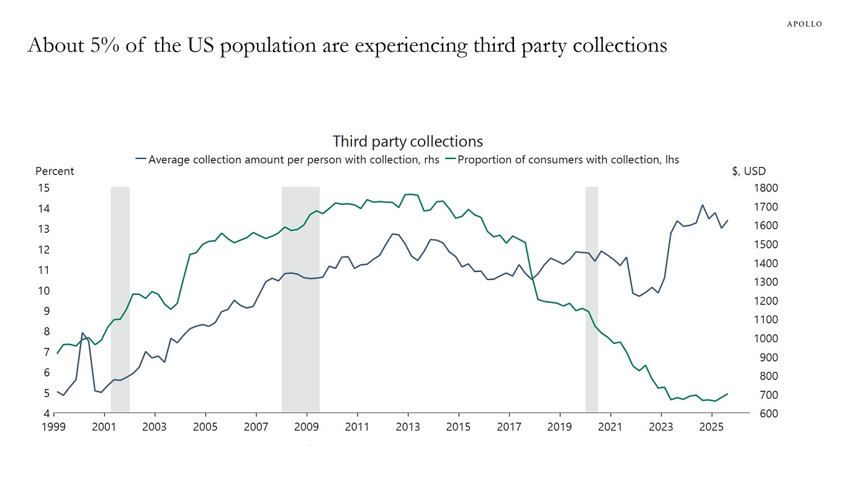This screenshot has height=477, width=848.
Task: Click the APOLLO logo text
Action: (804, 24)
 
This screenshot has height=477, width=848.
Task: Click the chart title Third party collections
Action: (407, 141)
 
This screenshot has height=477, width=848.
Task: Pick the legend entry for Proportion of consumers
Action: (567, 160)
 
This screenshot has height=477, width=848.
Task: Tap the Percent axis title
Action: (55, 171)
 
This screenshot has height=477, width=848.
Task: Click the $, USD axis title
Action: (749, 171)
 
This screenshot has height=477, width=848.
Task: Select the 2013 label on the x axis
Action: (408, 427)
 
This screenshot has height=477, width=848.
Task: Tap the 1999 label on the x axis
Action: (54, 427)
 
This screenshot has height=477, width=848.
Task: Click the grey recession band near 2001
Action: (120, 298)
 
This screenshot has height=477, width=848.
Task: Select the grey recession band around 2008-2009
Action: (300, 298)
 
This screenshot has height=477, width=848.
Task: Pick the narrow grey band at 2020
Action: (592, 298)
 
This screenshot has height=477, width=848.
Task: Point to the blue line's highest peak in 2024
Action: (702, 205)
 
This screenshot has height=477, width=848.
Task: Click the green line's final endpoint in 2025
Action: (728, 394)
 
